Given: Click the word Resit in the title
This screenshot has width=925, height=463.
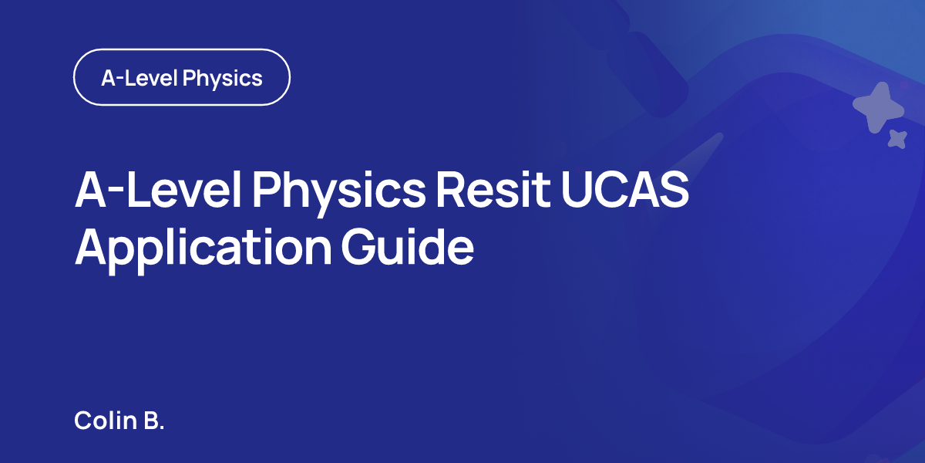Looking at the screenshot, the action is point(493,190).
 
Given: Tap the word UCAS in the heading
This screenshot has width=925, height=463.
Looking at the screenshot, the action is point(625,190).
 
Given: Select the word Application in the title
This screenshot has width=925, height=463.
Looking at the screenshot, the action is point(203,248).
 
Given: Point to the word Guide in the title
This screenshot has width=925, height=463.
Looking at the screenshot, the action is point(408,246).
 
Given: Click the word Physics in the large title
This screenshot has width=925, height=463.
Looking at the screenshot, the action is point(339,193).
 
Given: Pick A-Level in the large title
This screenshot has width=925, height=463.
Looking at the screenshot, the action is point(158,190).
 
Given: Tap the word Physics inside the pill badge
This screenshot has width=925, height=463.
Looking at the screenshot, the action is point(223,79).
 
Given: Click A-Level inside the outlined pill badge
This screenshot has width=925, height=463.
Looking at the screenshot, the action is point(140,78).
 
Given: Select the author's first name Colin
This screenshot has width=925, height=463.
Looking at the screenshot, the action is point(106,420).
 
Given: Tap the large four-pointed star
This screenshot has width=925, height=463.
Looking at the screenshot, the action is point(879,107).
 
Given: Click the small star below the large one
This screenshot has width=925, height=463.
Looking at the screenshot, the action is point(897,139).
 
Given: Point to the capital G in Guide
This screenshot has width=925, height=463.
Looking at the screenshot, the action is point(358,247).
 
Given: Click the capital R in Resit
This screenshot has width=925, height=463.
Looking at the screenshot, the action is point(452,190).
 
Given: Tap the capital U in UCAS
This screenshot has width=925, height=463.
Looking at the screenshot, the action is point(576,190).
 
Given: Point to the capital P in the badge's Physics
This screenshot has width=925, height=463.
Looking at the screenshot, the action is point(189,77).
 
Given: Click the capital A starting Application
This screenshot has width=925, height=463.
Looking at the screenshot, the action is point(91,246).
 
